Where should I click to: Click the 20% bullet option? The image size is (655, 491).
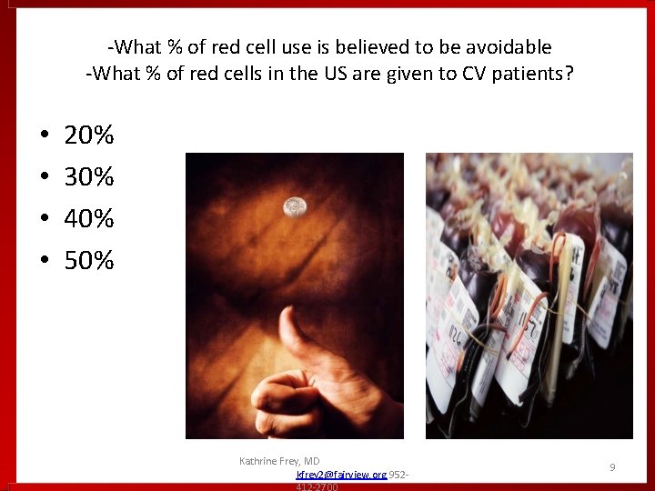coord(88,136)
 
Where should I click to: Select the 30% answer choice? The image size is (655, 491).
coord(88,177)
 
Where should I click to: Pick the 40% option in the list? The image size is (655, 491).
coord(88,219)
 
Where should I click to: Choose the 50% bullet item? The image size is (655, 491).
coord(88,261)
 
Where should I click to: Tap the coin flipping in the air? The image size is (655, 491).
coord(294,207)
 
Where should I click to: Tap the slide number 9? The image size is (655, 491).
coord(612,467)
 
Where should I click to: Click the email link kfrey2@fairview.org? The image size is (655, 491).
coord(341,475)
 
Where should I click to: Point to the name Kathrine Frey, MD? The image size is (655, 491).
coord(279,462)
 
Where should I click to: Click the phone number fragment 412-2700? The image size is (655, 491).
coord(317,487)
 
